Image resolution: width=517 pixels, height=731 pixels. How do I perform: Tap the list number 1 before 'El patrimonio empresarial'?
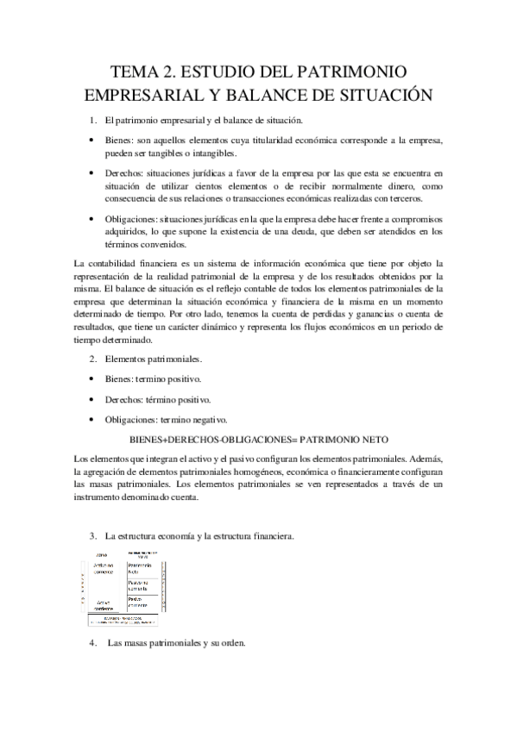[x=93, y=120]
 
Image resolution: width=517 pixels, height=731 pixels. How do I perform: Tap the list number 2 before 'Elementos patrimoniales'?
[x=93, y=359]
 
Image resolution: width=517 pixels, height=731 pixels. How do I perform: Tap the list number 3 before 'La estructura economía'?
[x=93, y=536]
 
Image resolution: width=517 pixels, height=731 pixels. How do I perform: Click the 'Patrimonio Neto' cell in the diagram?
[x=139, y=569]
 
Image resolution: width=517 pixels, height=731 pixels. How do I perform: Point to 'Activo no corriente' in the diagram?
[x=104, y=568]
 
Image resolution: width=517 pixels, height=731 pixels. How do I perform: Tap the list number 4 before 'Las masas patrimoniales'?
[x=93, y=643]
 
